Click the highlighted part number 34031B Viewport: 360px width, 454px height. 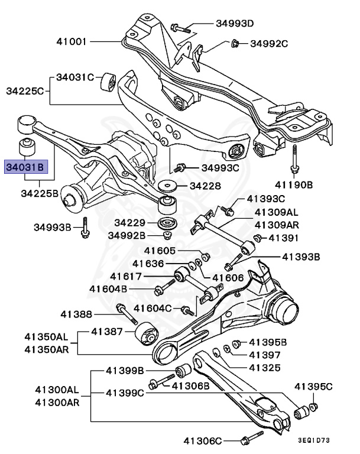(24, 167)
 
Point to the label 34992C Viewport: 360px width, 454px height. (268, 43)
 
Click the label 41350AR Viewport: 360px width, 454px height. (46, 349)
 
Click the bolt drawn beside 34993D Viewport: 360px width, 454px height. (180, 27)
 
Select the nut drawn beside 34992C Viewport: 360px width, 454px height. (234, 43)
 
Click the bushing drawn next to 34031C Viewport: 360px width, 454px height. (108, 82)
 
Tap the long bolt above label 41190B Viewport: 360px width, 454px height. (293, 157)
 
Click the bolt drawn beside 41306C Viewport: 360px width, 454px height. (249, 439)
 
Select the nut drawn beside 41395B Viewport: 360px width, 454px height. (236, 343)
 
